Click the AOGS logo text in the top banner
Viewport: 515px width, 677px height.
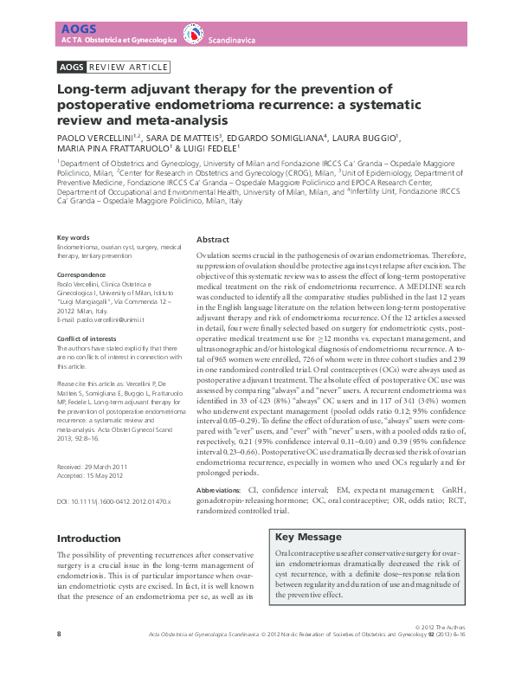72,29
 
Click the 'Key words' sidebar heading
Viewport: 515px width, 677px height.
73,237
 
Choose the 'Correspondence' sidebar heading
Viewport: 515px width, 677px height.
82,274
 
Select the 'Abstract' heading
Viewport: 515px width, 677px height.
213,239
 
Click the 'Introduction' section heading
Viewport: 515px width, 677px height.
89,538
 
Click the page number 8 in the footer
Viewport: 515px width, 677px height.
59,660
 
